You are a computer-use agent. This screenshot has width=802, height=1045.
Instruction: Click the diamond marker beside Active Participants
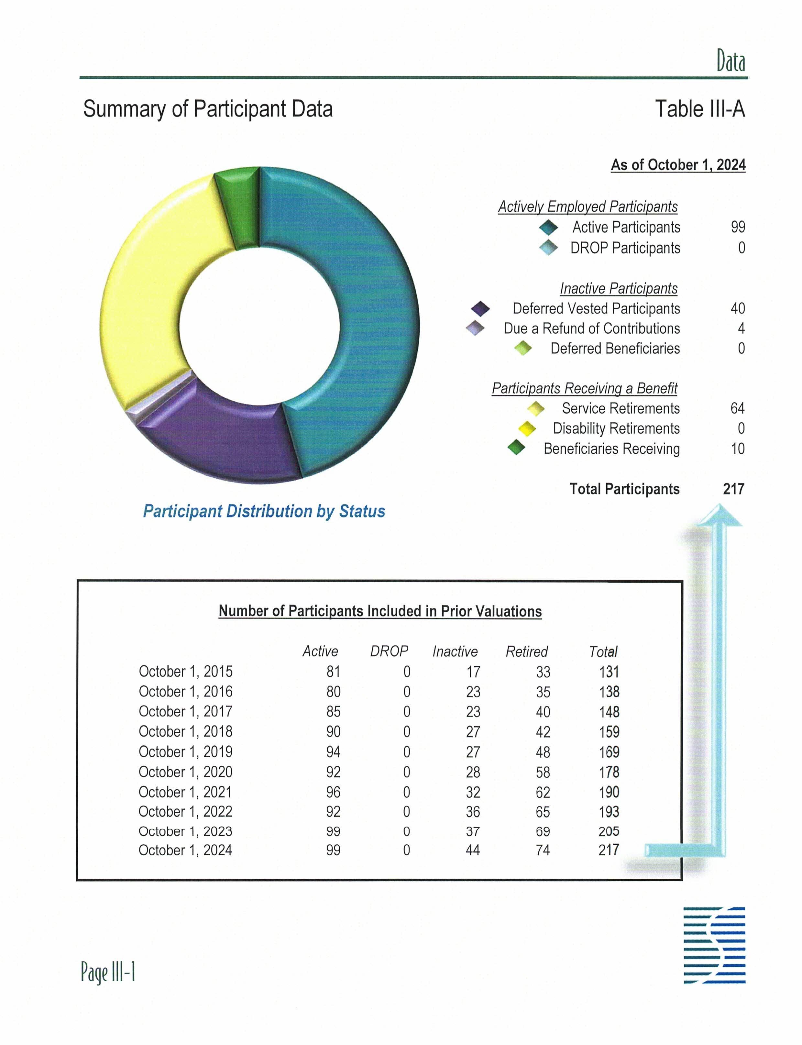[x=548, y=227]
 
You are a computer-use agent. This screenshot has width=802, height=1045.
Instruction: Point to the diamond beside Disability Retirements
[x=527, y=428]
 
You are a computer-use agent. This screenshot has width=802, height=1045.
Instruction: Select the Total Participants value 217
[x=733, y=489]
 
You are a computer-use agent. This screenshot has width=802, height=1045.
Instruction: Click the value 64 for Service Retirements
[x=737, y=408]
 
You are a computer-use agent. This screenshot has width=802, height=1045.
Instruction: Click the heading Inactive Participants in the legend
[x=618, y=288]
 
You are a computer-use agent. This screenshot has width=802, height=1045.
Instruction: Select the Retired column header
[x=527, y=651]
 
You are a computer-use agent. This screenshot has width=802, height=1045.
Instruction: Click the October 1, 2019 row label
[x=185, y=752]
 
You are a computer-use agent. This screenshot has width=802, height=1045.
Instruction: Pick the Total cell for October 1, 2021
[x=609, y=792]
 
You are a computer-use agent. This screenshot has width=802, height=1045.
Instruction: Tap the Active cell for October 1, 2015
[x=333, y=672]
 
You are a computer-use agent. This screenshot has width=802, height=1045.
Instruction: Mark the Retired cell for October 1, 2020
[x=543, y=772]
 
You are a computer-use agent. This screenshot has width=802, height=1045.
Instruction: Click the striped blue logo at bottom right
[x=714, y=945]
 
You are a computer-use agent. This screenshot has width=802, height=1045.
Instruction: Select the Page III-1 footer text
[x=108, y=972]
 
